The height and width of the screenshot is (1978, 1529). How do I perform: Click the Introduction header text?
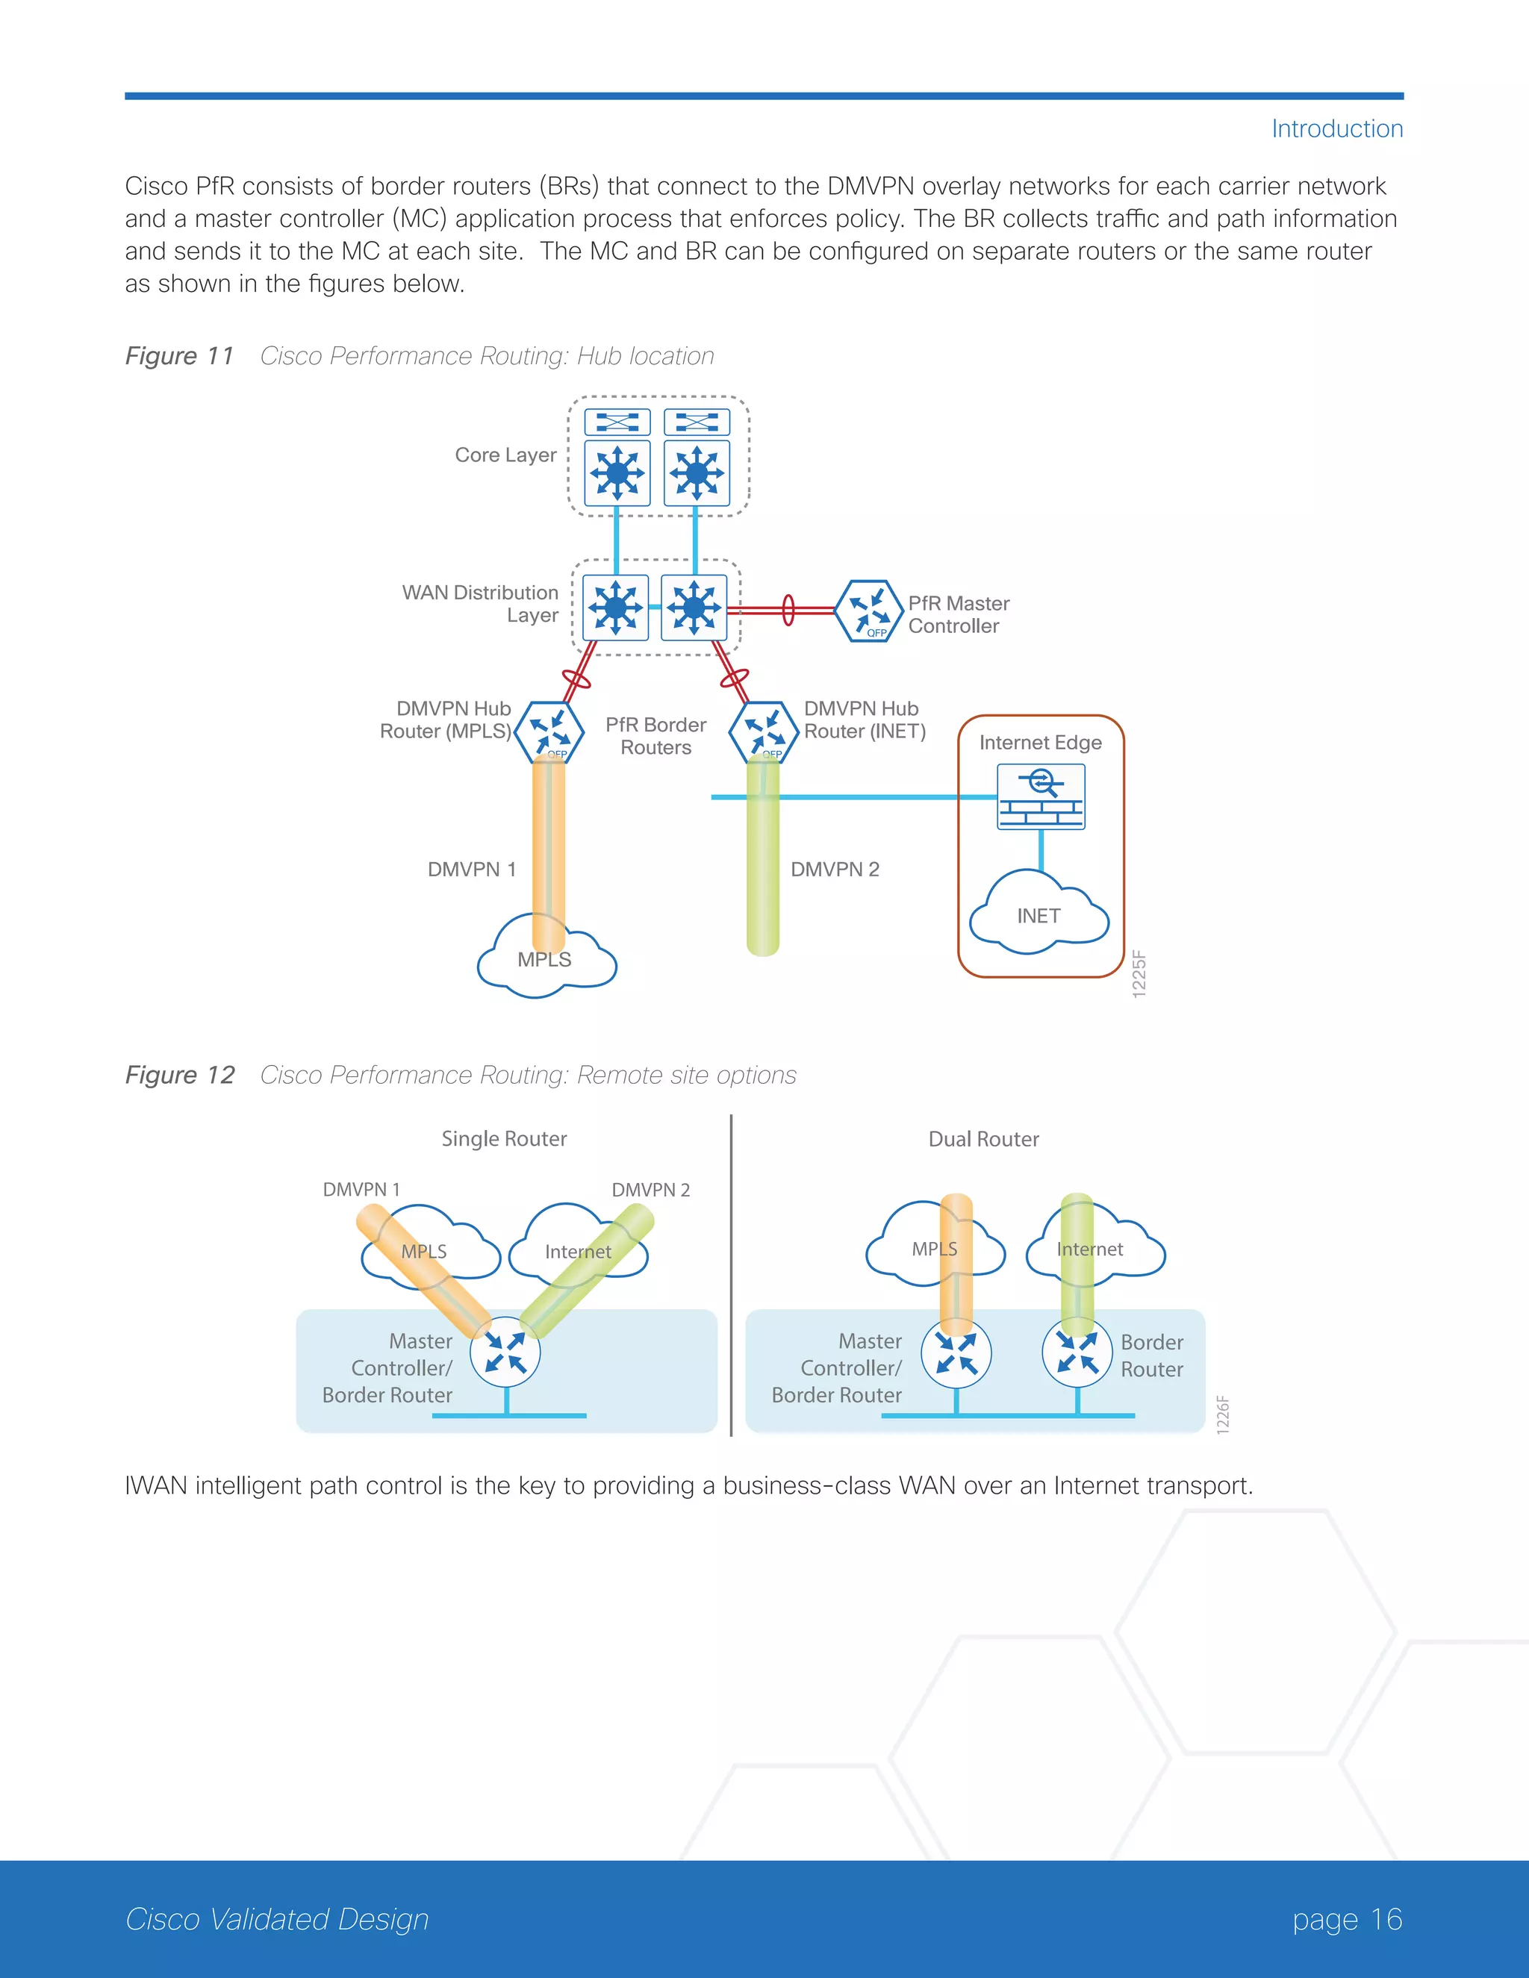[1336, 128]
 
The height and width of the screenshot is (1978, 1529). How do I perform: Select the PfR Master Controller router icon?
[868, 611]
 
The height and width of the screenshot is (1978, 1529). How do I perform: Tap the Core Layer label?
[505, 455]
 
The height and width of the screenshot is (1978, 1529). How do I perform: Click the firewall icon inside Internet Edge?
[1041, 797]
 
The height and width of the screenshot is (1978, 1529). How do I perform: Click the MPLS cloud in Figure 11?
[544, 960]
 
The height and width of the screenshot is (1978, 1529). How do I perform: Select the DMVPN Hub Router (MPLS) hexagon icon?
[549, 731]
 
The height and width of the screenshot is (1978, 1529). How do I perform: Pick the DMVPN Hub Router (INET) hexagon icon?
[764, 731]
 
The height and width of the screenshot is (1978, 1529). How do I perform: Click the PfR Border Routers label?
[655, 736]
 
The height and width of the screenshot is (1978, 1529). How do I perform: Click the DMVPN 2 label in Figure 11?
[834, 870]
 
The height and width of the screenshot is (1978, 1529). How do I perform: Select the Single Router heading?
[504, 1138]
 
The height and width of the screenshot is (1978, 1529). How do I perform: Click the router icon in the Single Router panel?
[505, 1353]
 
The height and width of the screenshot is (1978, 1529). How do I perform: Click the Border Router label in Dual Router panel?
[1151, 1355]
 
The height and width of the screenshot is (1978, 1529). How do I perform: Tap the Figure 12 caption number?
[179, 1075]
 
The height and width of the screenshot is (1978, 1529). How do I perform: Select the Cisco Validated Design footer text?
[277, 1919]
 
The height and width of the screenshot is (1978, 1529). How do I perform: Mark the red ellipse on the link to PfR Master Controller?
[788, 610]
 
